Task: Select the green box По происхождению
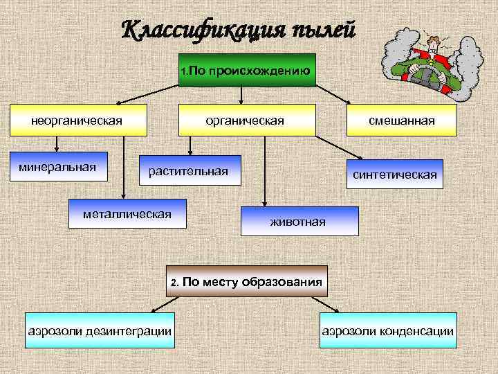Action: click(x=247, y=70)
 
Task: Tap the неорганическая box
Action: click(x=77, y=121)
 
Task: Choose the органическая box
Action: click(x=247, y=121)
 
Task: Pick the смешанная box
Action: click(x=401, y=121)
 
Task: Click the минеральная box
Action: click(x=58, y=167)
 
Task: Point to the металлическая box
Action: click(x=127, y=213)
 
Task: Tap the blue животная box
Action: click(x=299, y=221)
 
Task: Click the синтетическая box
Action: click(x=395, y=174)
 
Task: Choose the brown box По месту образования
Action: click(x=247, y=282)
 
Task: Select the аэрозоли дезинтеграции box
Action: click(x=100, y=330)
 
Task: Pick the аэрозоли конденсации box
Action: click(x=388, y=330)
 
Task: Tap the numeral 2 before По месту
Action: click(x=176, y=283)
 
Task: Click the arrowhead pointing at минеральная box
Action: click(x=58, y=150)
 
